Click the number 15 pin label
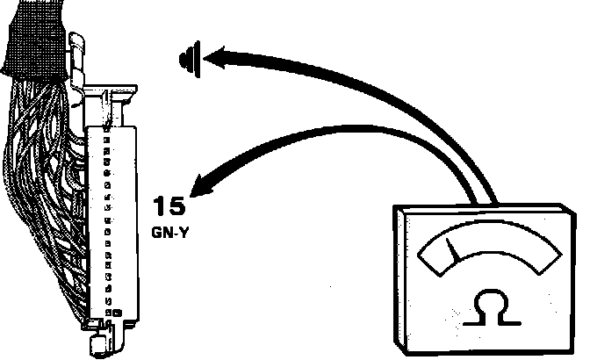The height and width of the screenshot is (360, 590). (169, 207)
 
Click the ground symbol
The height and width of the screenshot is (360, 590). (186, 59)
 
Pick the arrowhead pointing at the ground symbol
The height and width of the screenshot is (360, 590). (211, 59)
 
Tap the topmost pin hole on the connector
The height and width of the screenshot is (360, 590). (106, 131)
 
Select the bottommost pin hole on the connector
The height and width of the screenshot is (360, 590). (107, 313)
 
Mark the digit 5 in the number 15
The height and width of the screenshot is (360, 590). (177, 207)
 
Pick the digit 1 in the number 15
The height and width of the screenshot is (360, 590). (159, 207)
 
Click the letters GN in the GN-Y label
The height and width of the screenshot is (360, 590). (162, 235)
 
